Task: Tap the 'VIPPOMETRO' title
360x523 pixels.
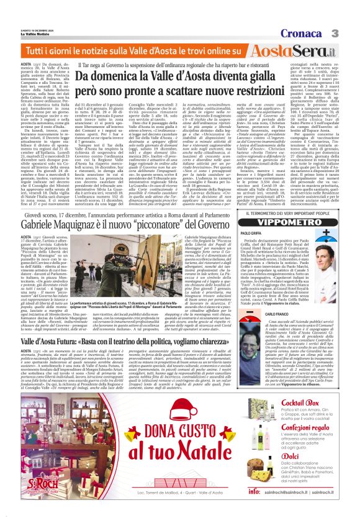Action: [x=303, y=222]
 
